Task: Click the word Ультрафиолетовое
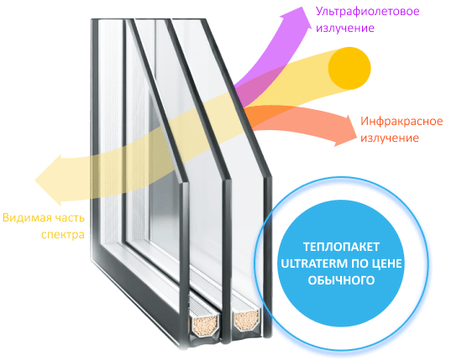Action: point(367,12)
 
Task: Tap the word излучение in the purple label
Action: point(345,29)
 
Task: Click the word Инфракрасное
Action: point(402,122)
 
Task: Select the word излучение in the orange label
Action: point(390,138)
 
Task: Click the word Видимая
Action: point(24,218)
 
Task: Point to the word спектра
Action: point(63,235)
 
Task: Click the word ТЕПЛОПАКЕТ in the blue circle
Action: point(341,247)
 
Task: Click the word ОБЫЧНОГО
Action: point(341,280)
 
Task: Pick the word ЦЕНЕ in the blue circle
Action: point(388,263)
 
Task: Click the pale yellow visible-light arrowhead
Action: point(49,180)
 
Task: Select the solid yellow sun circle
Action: point(349,68)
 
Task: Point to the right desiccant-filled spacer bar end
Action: point(247,320)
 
